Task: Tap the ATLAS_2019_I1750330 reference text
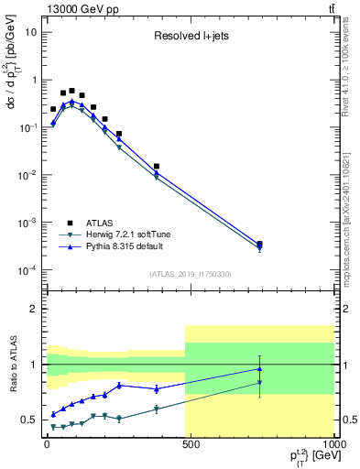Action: tap(189, 274)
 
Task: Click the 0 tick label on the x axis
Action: tap(46, 446)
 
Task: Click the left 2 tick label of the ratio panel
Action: tap(33, 309)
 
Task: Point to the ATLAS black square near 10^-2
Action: tap(157, 167)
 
